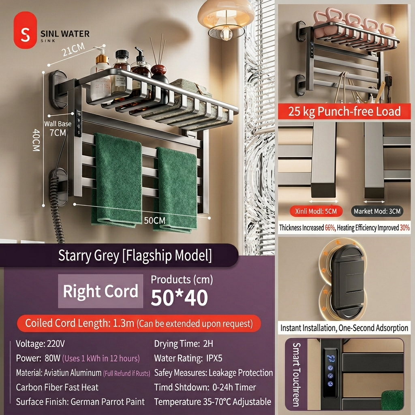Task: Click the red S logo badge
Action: tap(25, 30)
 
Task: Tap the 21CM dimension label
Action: tap(74, 49)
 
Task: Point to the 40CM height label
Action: tap(36, 140)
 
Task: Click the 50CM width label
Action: tap(154, 220)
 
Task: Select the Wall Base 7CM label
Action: tap(58, 128)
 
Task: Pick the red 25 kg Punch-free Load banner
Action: tap(344, 111)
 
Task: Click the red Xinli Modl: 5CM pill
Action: tap(316, 211)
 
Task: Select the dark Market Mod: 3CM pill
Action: tap(377, 211)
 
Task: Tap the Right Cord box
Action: tap(101, 291)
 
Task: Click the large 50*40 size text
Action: tap(179, 298)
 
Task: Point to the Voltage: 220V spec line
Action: tap(40, 344)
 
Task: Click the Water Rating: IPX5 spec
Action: tap(188, 358)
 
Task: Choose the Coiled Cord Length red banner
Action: tap(139, 323)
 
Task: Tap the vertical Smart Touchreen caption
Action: tap(296, 374)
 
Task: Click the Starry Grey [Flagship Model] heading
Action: tap(135, 256)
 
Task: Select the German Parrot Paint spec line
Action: tap(80, 402)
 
